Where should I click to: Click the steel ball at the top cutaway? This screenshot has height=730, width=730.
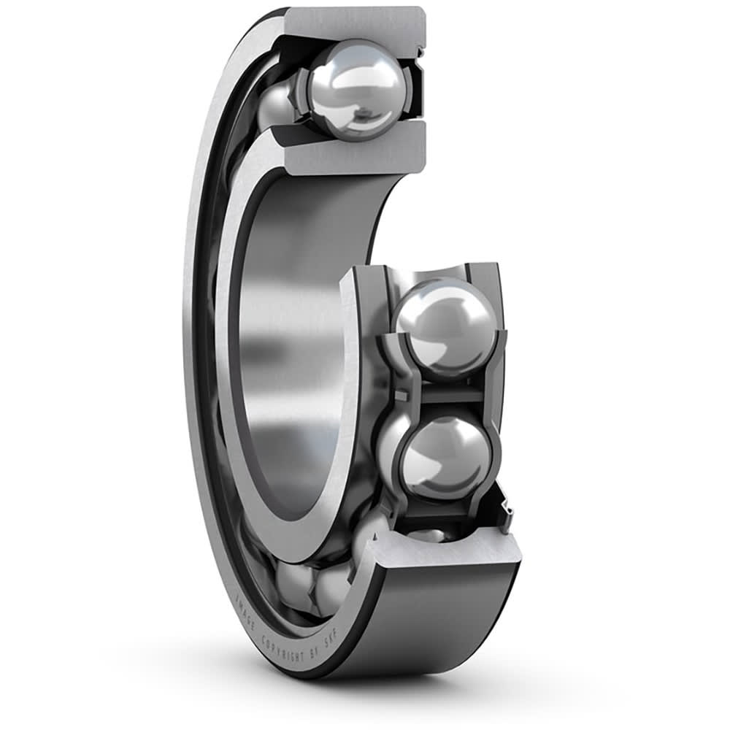point(356,90)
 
